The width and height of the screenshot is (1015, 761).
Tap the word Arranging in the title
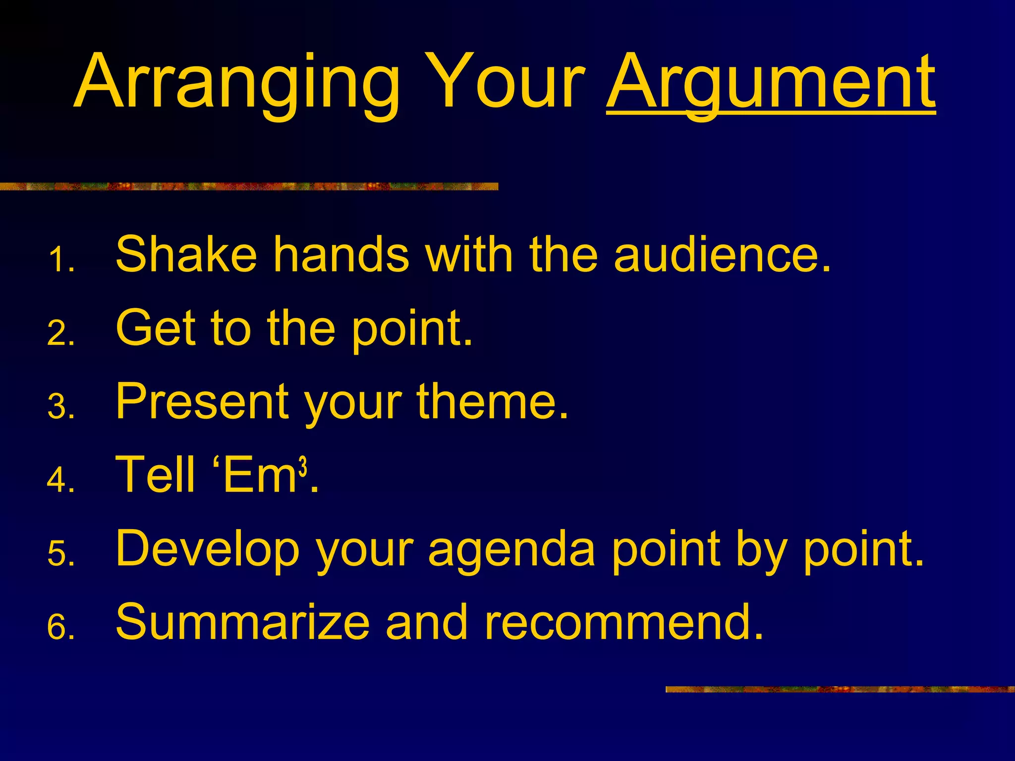[x=237, y=82]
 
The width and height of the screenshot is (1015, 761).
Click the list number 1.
[x=60, y=261]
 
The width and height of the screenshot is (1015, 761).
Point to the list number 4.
[x=60, y=480]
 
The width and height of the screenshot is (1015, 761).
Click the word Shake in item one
[x=186, y=255]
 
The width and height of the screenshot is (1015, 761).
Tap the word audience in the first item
[x=721, y=255]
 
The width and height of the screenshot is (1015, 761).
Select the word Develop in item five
[x=207, y=549]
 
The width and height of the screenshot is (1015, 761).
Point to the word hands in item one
[x=341, y=255]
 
